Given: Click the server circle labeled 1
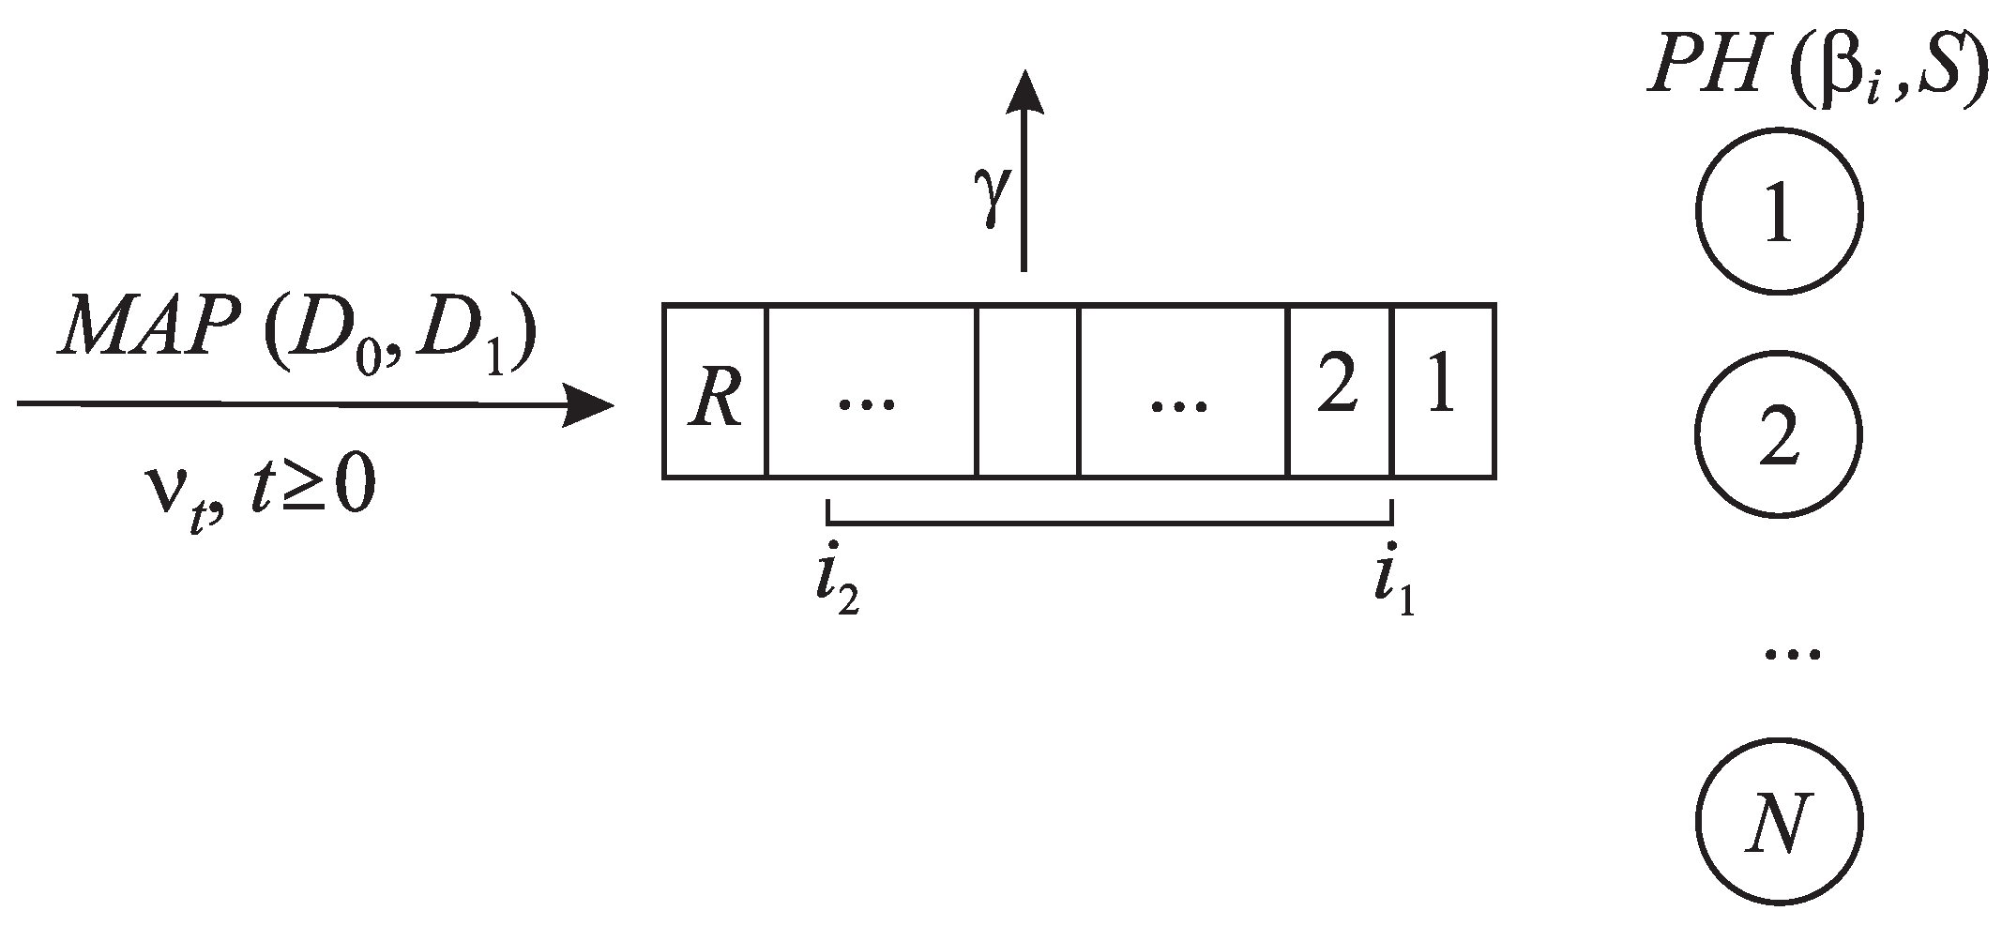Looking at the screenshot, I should point(1779,212).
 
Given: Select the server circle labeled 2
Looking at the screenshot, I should point(1779,435).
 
